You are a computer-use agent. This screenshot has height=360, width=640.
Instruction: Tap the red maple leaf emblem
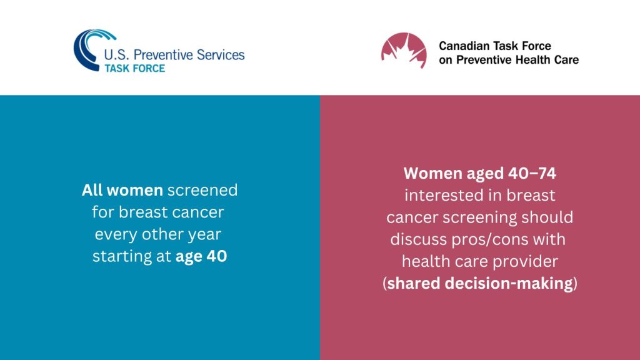404,50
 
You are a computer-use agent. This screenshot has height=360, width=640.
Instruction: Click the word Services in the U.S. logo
221,55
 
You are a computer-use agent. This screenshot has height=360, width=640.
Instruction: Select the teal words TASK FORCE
135,68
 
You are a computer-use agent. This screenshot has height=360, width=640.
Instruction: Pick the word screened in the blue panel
202,190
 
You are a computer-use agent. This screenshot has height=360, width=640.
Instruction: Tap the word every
116,234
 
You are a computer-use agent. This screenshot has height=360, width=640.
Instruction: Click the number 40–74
532,174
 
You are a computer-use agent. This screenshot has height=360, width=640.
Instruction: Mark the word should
547,217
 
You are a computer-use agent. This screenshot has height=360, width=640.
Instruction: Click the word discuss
418,239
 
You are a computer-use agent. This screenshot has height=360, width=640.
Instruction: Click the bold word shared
414,283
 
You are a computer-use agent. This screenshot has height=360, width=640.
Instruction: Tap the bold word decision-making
509,284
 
